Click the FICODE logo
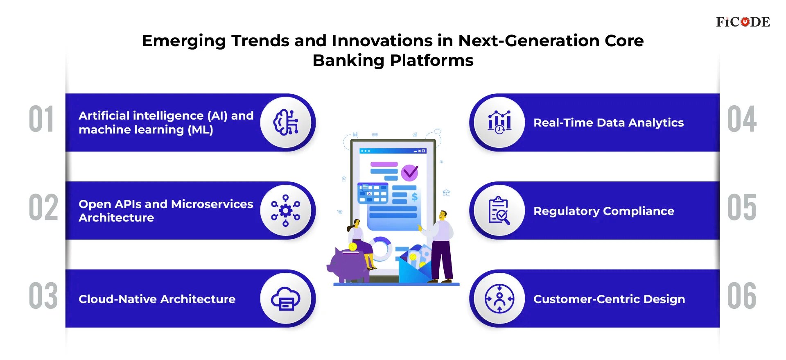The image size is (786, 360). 743,22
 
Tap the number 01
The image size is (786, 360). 41,119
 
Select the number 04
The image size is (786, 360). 742,119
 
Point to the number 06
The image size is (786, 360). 742,296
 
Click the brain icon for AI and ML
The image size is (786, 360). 286,122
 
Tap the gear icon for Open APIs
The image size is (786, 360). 286,211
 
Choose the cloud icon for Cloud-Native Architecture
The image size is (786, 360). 286,299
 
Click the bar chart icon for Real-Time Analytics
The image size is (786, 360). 499,122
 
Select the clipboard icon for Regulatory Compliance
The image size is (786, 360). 499,211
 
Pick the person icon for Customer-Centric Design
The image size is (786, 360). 499,299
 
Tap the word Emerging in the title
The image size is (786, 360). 184,41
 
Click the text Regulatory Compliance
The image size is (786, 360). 604,211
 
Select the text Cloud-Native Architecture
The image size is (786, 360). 157,299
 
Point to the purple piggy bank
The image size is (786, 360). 346,265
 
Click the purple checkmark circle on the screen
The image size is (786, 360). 409,173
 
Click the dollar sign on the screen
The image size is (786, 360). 414,197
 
